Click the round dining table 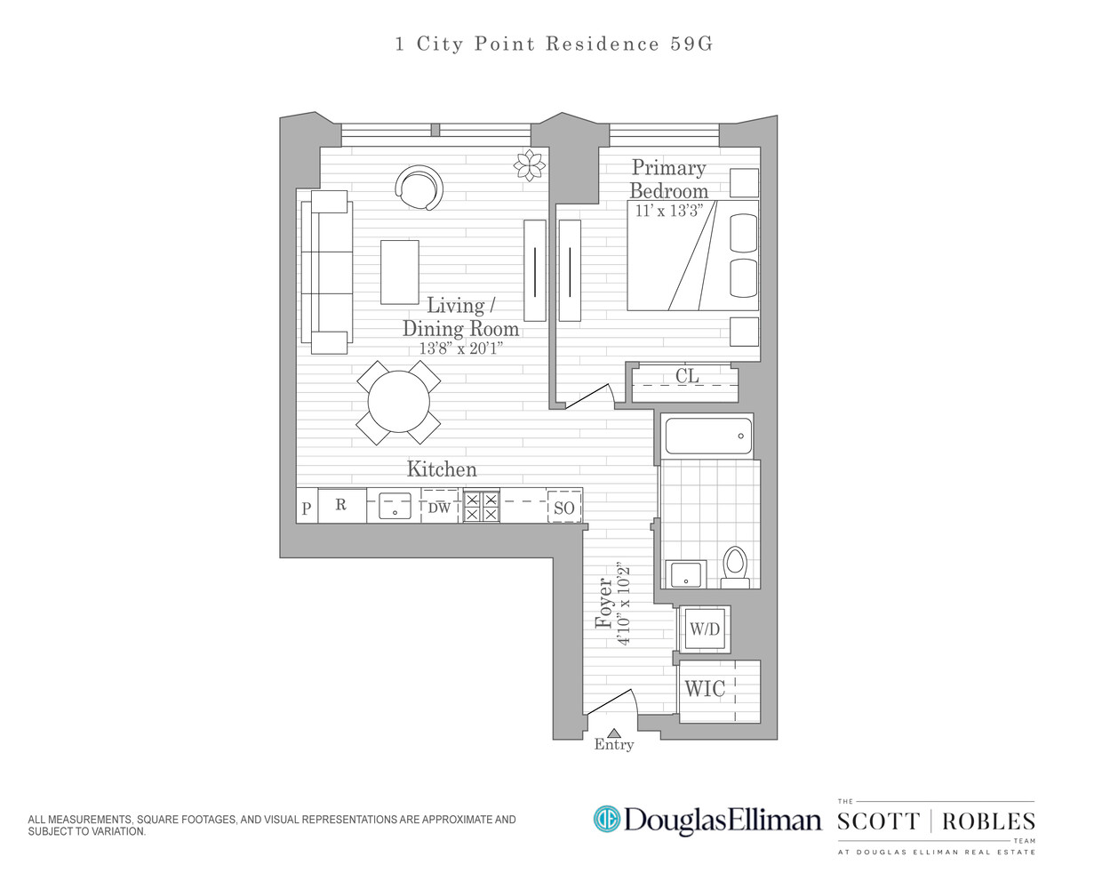point(399,402)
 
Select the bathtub point(708,436)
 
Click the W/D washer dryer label point(705,629)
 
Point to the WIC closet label point(705,689)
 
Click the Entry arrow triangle point(613,733)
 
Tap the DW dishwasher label point(439,508)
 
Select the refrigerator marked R point(341,505)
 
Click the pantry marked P point(307,509)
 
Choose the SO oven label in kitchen point(564,508)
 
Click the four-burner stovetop point(481,507)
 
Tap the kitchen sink point(395,506)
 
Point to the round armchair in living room point(419,188)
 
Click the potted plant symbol point(530,164)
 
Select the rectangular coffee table point(400,272)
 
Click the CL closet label point(687,376)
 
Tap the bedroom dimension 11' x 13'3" point(668,211)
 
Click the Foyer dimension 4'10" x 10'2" point(624,605)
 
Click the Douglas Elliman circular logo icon point(606,819)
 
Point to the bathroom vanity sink point(685,574)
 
